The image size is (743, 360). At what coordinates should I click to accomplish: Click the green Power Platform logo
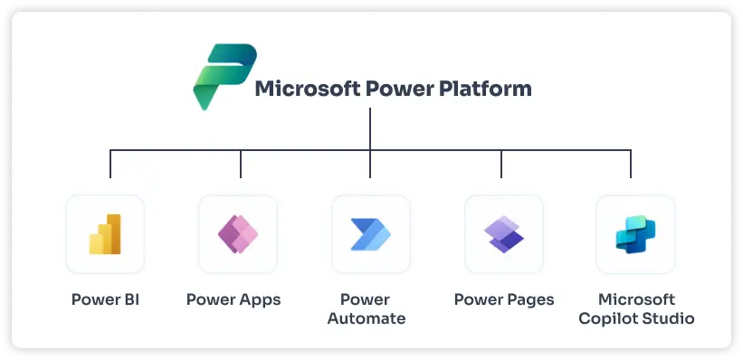tap(218, 78)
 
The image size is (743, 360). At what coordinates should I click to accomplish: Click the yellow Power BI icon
tap(105, 233)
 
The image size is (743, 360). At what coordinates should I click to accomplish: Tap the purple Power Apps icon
tap(238, 233)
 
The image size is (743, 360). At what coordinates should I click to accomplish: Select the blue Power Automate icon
tap(371, 233)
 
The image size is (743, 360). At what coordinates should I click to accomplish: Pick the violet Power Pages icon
tap(503, 233)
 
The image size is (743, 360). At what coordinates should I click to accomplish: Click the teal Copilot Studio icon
tap(634, 233)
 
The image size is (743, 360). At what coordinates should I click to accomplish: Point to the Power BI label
tap(105, 299)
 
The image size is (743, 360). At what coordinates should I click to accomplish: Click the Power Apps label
tap(233, 299)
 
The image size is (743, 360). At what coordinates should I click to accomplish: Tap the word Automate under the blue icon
tap(366, 318)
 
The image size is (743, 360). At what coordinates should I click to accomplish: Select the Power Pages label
tap(503, 299)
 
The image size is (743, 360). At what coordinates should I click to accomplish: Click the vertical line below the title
tap(370, 127)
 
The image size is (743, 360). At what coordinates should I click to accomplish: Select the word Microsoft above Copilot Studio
tap(636, 299)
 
